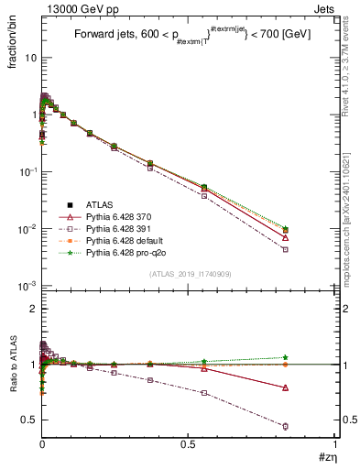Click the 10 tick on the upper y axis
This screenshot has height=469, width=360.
[29, 58]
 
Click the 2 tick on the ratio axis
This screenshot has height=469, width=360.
[31, 309]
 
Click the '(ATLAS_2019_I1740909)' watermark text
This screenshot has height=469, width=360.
[189, 275]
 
